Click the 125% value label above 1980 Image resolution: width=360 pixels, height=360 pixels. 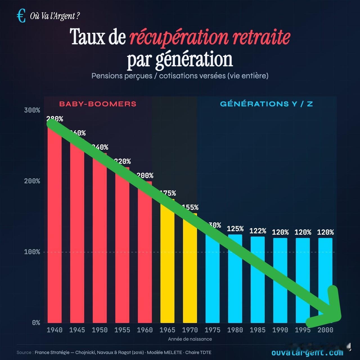[x=235, y=229]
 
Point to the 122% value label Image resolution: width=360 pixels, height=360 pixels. [x=258, y=231]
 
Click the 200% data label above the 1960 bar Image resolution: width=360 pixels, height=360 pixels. [x=145, y=175]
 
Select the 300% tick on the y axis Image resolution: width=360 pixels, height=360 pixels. [x=32, y=110]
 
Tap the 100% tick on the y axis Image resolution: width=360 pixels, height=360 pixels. [x=32, y=252]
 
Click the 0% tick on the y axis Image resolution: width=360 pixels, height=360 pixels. [x=36, y=323]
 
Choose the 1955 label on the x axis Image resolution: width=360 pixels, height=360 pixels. [x=122, y=330]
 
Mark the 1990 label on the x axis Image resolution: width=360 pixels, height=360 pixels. [x=280, y=330]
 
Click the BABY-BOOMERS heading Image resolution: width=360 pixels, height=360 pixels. [x=98, y=104]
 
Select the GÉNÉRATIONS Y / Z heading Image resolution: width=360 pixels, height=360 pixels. [x=266, y=104]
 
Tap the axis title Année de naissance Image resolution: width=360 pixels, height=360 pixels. [x=190, y=339]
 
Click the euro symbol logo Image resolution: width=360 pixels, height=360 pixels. [x=21, y=16]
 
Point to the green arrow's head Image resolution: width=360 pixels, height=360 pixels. [x=333, y=312]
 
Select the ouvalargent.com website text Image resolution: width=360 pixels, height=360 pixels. [x=307, y=353]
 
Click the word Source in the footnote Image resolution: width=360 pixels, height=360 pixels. [x=24, y=352]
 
